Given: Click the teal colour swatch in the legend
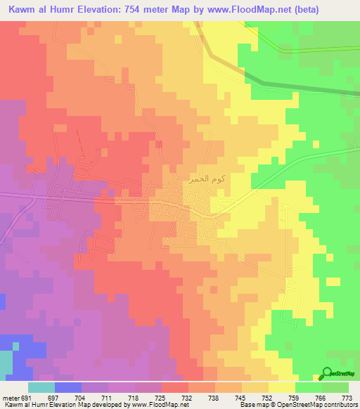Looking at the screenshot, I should [x=41, y=387].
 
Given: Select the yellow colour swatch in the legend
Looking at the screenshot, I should [x=281, y=387].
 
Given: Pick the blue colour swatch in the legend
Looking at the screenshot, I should [x=68, y=387].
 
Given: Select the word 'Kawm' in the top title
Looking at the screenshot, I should [x=23, y=9].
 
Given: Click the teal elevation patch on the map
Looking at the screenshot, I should [x=6, y=362].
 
